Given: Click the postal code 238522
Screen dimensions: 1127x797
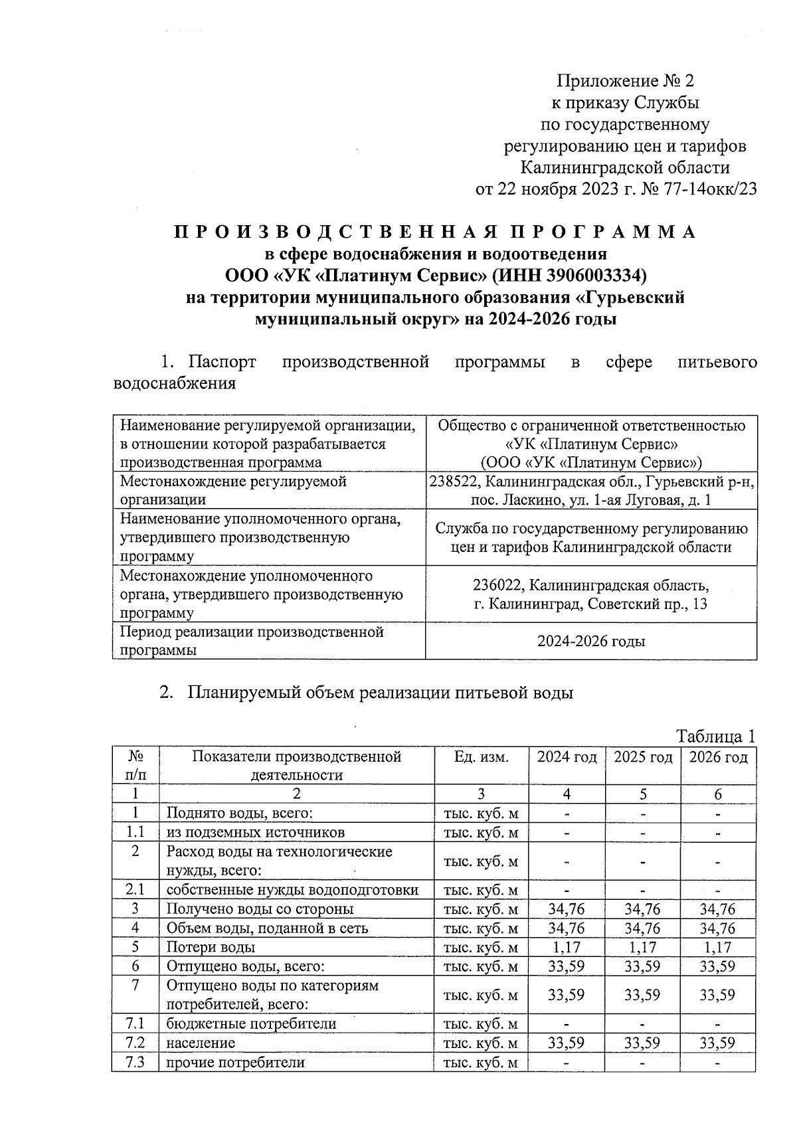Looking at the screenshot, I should [x=452, y=481].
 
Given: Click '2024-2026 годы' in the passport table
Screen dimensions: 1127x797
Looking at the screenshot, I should [x=591, y=642].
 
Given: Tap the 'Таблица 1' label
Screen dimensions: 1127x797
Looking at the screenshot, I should [x=715, y=736].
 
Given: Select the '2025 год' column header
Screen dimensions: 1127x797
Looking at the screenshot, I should [x=642, y=757].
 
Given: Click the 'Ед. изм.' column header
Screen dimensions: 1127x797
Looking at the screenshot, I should [x=481, y=757].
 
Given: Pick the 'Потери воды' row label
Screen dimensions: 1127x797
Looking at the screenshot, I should [x=210, y=947].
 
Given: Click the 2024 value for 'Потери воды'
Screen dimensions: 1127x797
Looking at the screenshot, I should [x=566, y=947].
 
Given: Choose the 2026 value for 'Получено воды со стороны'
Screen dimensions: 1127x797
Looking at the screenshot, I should [x=717, y=909].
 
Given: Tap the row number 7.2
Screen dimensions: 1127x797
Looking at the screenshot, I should [x=135, y=1043].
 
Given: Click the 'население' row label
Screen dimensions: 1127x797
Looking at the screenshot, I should [x=200, y=1043].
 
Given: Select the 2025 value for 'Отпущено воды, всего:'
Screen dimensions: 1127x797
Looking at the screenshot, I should [x=642, y=966].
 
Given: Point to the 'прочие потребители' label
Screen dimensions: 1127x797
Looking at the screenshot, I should [x=235, y=1062].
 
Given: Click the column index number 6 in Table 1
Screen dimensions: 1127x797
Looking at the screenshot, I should [x=717, y=794].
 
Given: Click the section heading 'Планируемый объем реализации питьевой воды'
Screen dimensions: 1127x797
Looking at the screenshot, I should [x=379, y=693].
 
